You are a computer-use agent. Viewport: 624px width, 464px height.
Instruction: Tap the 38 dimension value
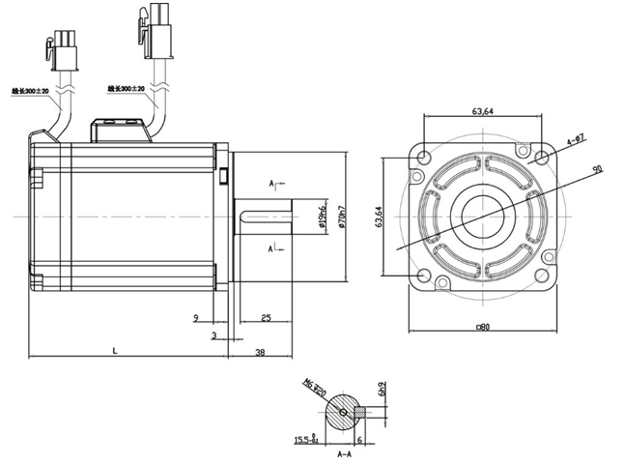coord(260,353)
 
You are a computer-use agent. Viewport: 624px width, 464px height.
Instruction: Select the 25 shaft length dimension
coord(265,317)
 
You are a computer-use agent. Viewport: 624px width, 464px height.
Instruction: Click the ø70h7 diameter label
coord(345,223)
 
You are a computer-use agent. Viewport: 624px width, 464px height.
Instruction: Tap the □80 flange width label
coord(483,327)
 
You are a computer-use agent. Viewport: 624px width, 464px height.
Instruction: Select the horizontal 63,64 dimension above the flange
coord(483,111)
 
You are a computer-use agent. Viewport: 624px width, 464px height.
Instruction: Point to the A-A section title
coord(343,452)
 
